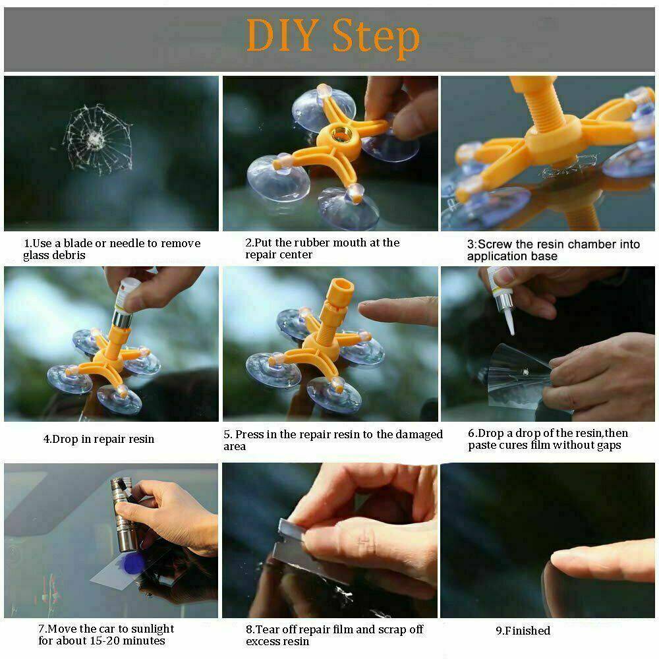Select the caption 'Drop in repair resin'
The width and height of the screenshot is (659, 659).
[x=99, y=439]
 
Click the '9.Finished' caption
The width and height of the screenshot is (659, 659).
[x=523, y=631]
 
